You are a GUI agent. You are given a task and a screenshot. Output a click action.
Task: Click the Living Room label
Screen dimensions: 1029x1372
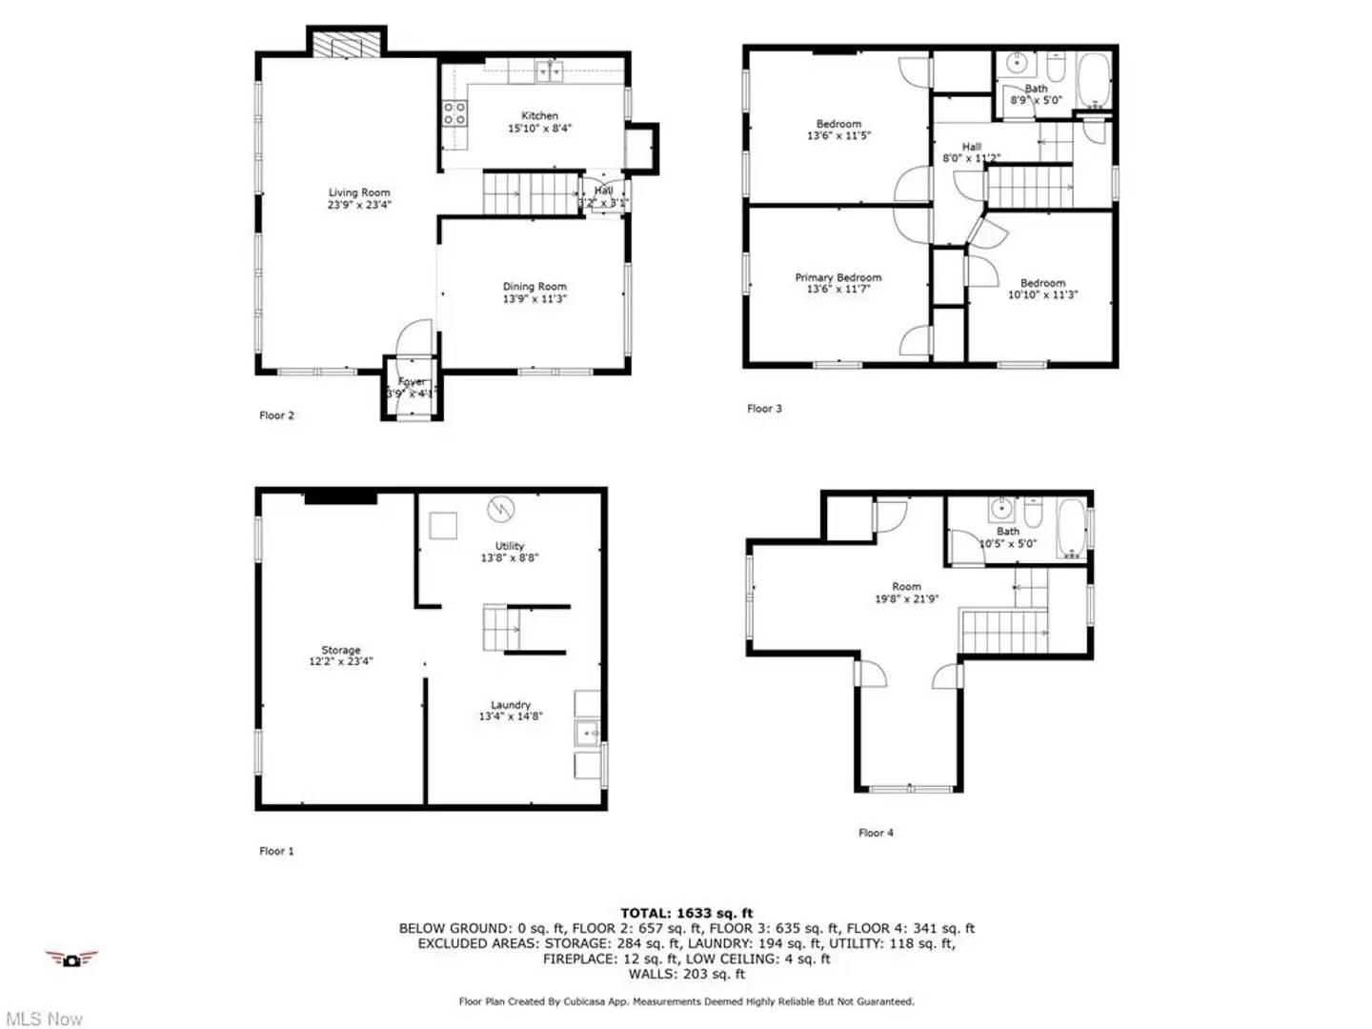[359, 192]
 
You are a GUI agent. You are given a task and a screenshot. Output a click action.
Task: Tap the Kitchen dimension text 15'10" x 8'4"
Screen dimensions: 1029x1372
[539, 129]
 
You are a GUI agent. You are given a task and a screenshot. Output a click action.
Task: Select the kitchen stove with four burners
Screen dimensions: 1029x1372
[455, 114]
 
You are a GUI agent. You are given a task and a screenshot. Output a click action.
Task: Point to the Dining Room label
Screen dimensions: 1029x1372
[535, 287]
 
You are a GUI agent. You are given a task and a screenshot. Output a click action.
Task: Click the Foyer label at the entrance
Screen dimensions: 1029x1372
[412, 382]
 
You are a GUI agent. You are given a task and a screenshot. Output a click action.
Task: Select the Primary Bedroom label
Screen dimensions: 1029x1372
[838, 277]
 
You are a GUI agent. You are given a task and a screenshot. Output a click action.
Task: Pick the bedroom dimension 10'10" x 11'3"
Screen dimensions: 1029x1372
[1042, 295]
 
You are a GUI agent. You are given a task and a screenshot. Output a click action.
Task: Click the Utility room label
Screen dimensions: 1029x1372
[510, 546]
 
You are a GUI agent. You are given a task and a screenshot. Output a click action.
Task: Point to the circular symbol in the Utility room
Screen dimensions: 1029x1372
[499, 509]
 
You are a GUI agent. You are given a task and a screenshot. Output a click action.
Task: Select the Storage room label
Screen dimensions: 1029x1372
[340, 650]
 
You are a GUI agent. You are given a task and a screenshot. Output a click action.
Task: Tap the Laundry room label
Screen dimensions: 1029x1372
[511, 705]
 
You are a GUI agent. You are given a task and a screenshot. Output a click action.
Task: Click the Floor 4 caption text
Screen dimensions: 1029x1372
[876, 833]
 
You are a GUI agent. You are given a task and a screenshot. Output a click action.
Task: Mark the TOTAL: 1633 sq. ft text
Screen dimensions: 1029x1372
[686, 913]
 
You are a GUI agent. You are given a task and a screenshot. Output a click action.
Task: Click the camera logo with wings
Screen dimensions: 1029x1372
[71, 959]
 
